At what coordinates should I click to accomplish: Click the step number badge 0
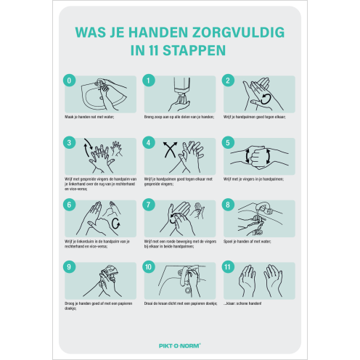(69, 81)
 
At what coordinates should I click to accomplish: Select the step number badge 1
(149, 81)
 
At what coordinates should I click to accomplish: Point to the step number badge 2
(228, 81)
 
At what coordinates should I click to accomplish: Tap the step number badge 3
(69, 143)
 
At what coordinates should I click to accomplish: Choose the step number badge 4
(149, 143)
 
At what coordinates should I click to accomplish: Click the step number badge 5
(228, 143)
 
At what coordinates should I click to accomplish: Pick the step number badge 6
(69, 205)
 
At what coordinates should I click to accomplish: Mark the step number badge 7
(149, 205)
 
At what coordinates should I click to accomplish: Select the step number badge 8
(228, 205)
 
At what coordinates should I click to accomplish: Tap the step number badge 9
(69, 267)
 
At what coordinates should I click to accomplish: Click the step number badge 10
(149, 267)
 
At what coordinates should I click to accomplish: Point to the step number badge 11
(228, 267)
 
